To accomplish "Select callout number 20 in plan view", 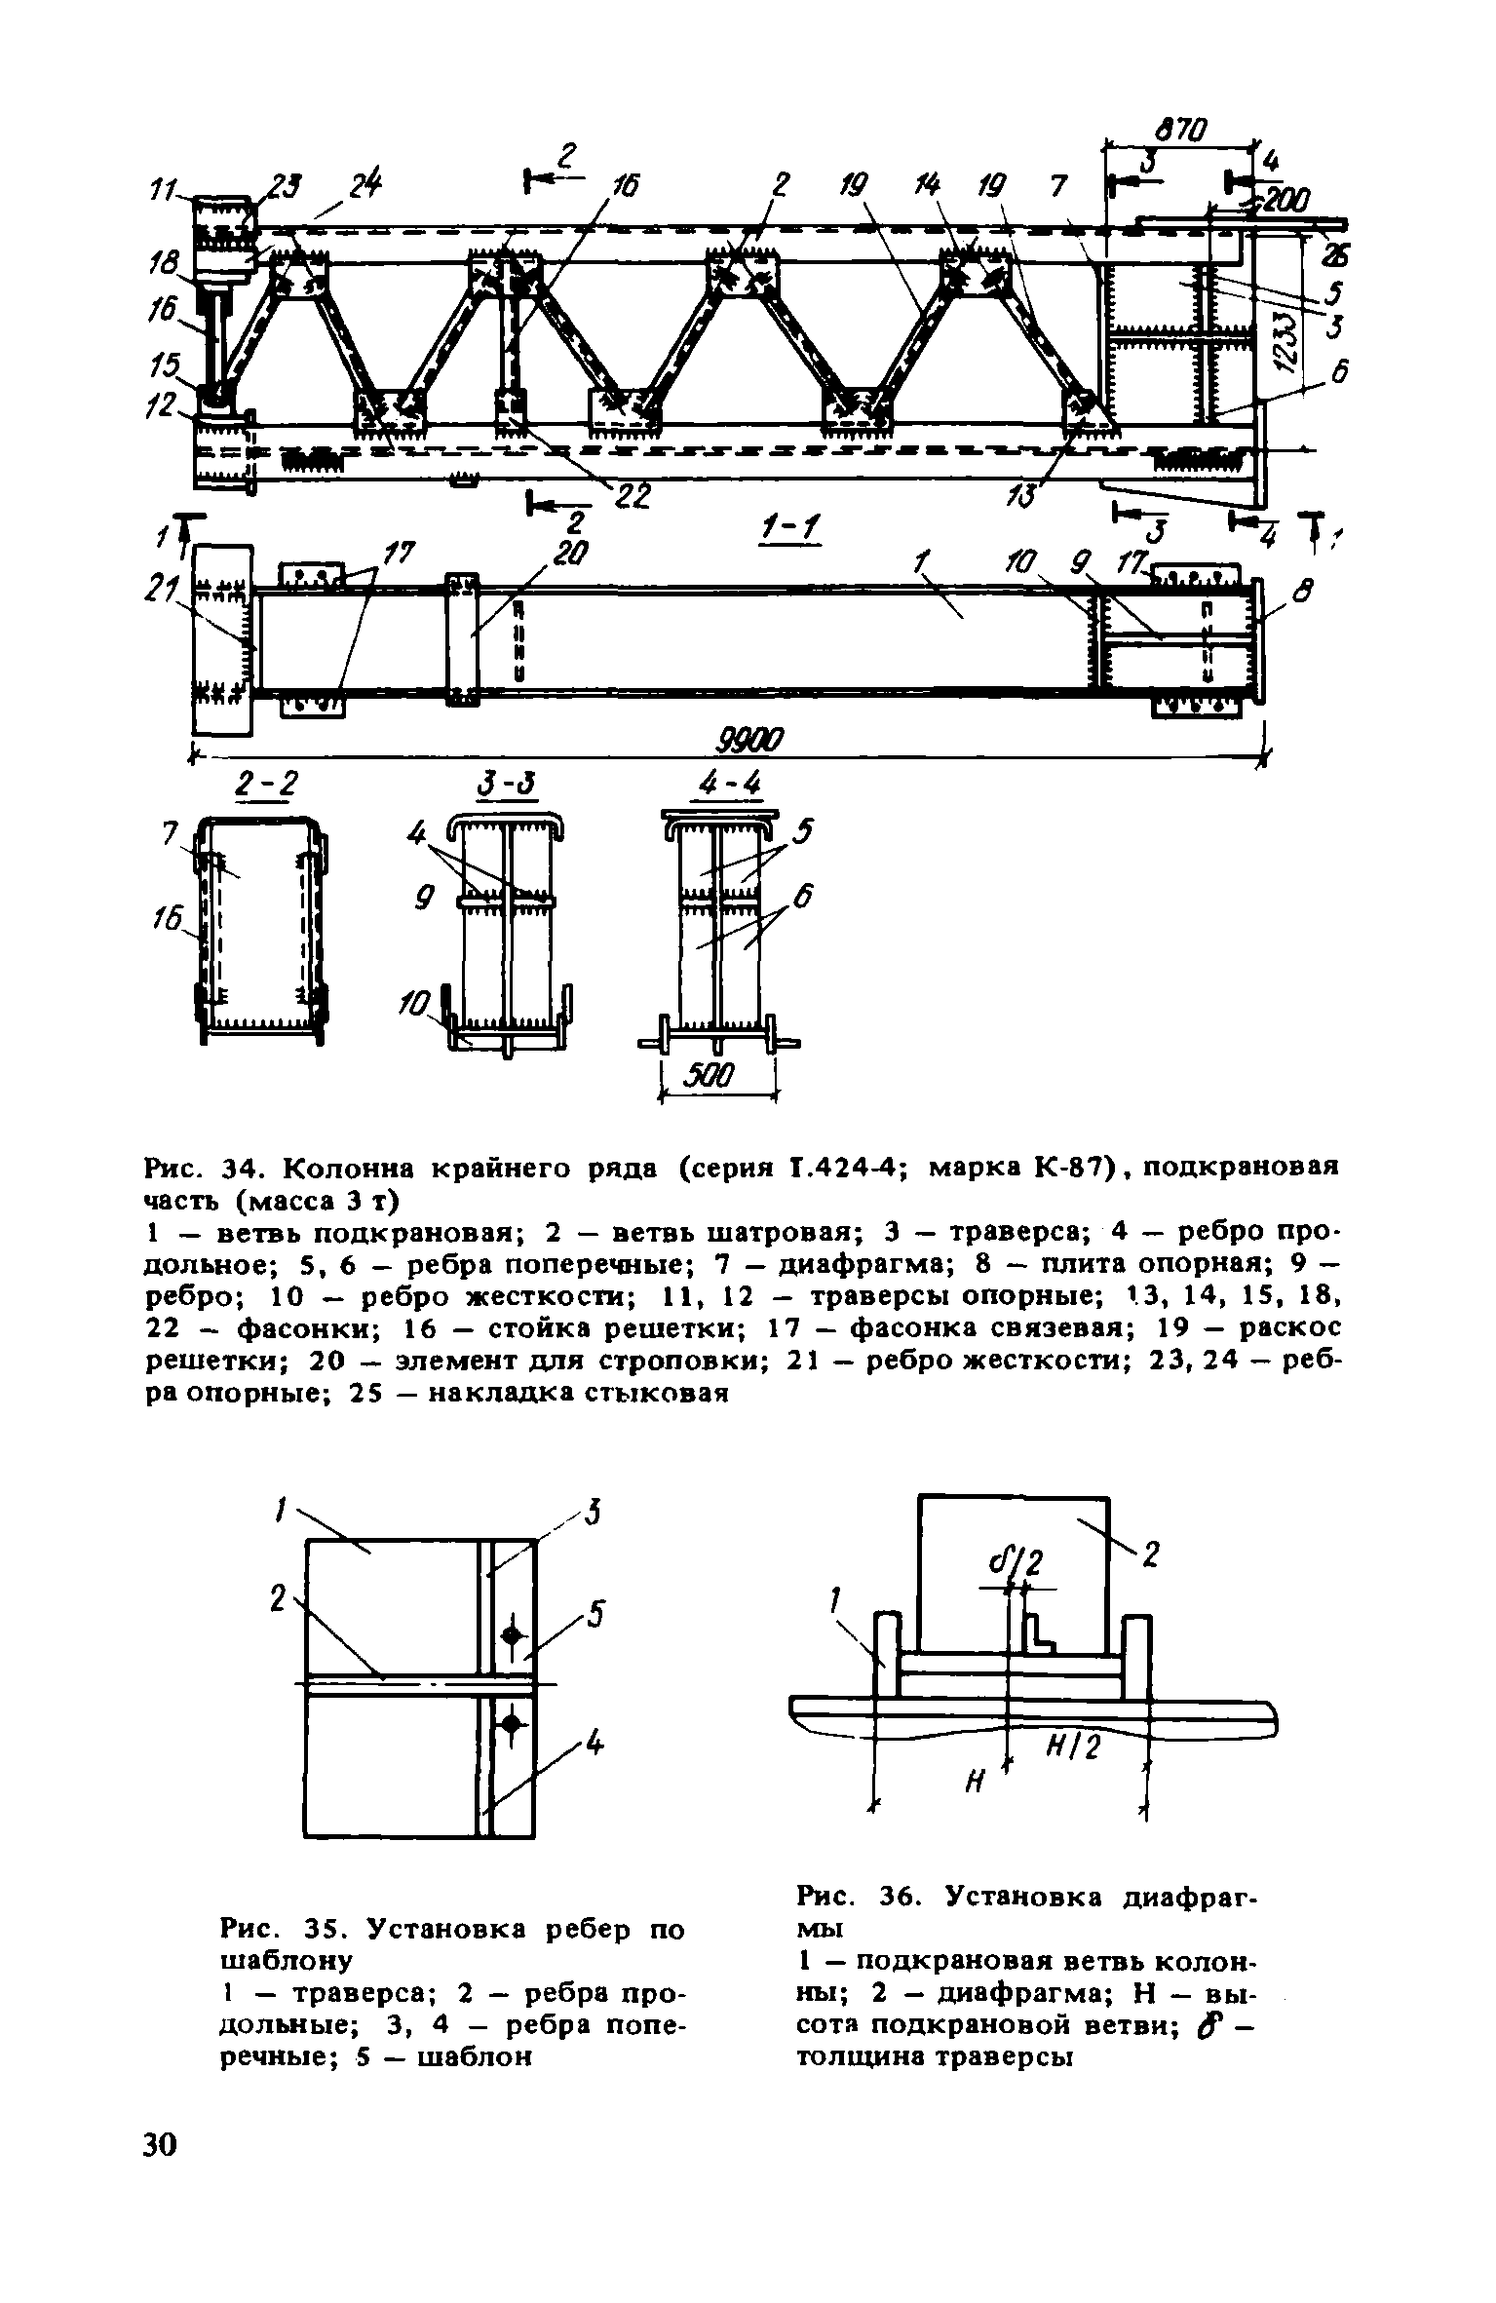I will point(564,555).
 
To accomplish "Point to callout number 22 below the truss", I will point(632,496).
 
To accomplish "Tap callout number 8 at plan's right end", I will point(1305,589).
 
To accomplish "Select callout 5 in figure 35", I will point(595,1618).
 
